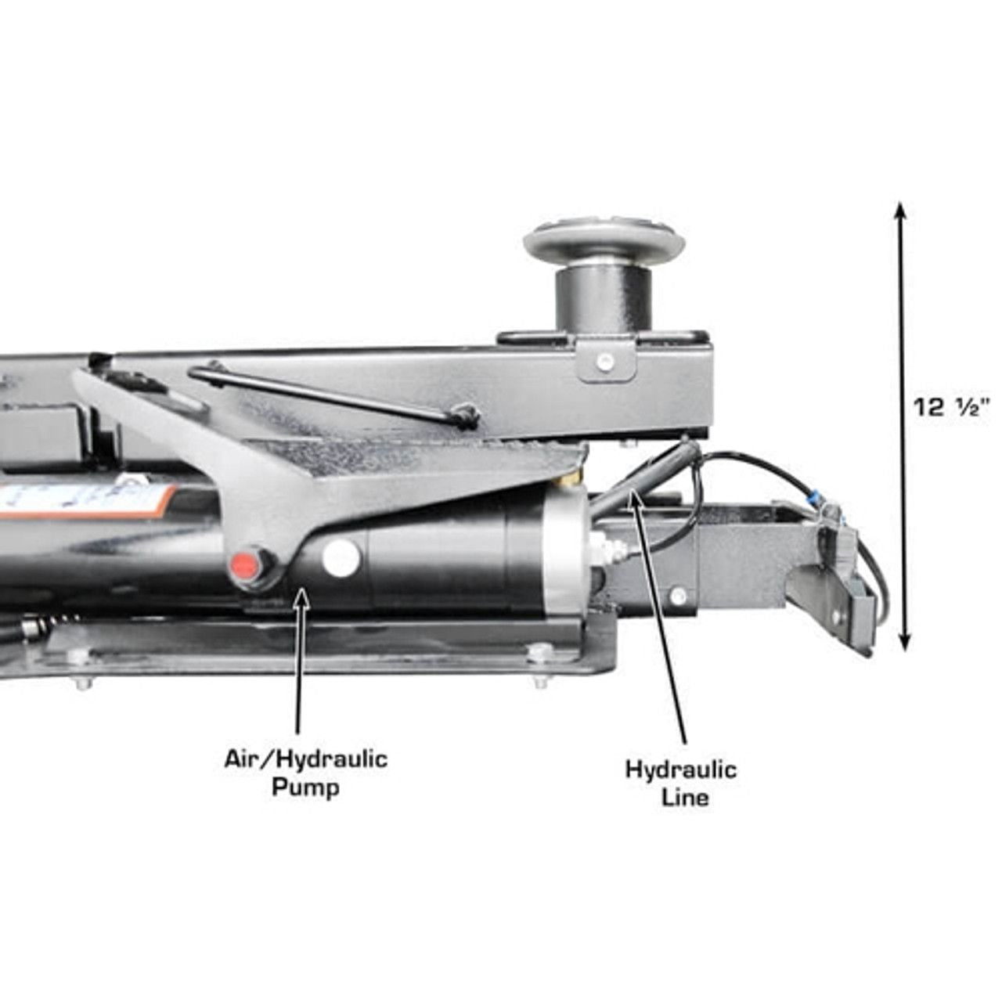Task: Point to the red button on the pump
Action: pyautogui.click(x=245, y=563)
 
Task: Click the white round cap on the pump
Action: pyautogui.click(x=341, y=556)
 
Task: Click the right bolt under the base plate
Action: pyautogui.click(x=540, y=682)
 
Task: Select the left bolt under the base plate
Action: pyautogui.click(x=83, y=683)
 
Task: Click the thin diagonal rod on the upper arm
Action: pyautogui.click(x=333, y=391)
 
